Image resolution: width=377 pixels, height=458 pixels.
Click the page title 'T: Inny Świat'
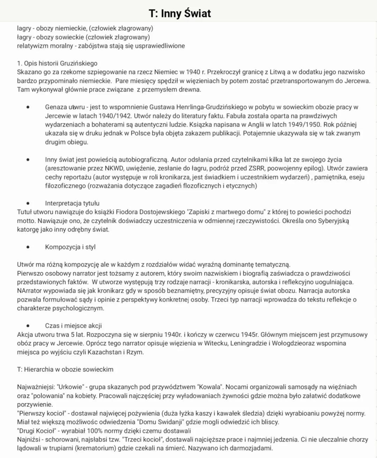coord(180,13)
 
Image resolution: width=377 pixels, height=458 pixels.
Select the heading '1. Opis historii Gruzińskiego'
coord(57,63)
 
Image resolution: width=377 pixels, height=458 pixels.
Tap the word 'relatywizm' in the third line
coord(33,46)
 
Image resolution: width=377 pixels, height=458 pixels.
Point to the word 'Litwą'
coord(275,72)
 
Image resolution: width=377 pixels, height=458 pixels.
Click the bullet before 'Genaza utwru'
coord(28,107)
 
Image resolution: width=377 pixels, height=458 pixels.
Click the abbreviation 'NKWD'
coord(114,168)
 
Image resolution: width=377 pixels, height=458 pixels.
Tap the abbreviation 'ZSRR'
coord(256,168)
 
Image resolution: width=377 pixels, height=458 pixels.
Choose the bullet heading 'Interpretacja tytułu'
coord(72,203)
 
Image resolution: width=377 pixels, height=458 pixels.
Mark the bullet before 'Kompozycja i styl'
coord(28,247)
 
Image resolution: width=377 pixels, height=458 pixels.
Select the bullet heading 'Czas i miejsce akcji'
coord(73,326)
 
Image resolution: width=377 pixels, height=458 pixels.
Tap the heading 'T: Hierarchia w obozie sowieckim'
coord(65,369)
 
